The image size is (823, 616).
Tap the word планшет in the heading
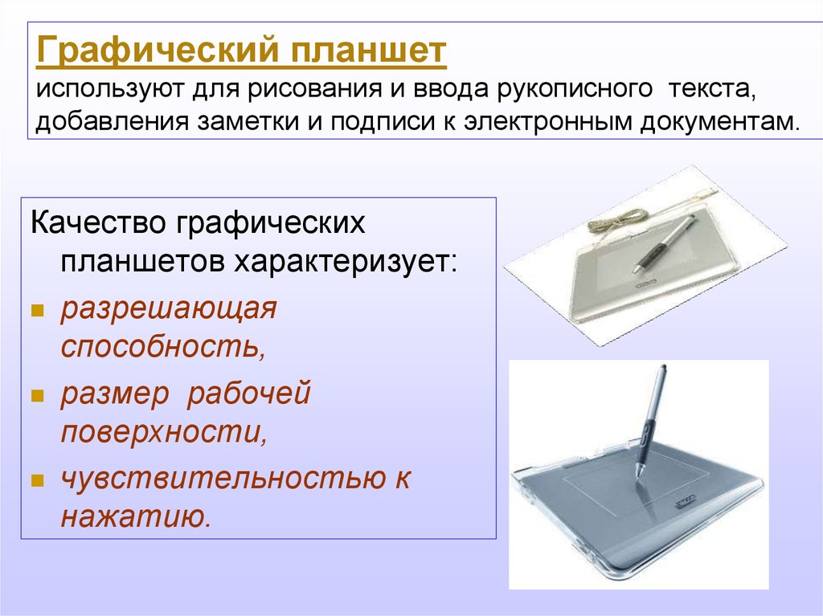(369, 51)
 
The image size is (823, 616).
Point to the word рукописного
(575, 90)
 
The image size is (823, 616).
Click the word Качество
(98, 222)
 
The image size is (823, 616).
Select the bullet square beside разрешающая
(37, 311)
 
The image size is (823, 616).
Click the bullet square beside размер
(37, 396)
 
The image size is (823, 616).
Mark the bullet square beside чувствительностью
(37, 480)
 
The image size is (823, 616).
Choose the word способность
(163, 347)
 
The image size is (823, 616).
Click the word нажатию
(136, 517)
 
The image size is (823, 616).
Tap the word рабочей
(249, 394)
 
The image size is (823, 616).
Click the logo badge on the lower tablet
(686, 503)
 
